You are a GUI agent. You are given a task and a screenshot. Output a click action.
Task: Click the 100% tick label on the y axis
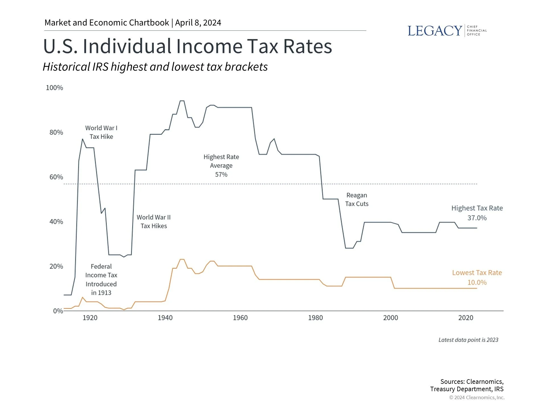[54, 88]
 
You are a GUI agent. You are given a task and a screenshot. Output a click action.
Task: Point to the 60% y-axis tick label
[56, 177]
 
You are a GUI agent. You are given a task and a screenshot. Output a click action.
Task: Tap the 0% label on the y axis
[58, 311]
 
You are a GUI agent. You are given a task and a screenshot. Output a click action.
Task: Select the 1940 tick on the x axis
[165, 318]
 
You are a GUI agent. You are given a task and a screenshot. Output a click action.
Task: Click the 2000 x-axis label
[390, 318]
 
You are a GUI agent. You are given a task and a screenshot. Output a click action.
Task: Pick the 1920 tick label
[90, 318]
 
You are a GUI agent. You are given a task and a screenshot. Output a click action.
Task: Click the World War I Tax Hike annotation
[101, 132]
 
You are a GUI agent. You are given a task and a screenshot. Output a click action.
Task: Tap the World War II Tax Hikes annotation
[154, 222]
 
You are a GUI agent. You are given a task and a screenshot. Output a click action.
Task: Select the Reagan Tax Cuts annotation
[357, 200]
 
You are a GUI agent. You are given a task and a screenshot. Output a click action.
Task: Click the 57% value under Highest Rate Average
[221, 175]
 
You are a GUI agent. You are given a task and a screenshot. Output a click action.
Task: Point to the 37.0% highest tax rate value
[477, 218]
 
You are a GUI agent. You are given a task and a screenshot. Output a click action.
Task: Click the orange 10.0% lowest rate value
[477, 282]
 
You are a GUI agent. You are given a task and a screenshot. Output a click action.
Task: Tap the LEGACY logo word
[435, 31]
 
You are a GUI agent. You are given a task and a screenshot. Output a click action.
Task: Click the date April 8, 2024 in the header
[198, 23]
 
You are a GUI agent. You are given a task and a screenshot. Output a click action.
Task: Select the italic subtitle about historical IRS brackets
[155, 67]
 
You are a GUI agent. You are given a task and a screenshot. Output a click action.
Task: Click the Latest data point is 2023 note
[468, 340]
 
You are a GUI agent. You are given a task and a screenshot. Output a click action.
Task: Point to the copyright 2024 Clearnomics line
[477, 397]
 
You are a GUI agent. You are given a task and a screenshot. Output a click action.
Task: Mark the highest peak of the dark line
[182, 101]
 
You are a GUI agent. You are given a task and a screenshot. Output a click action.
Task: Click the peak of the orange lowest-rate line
[182, 259]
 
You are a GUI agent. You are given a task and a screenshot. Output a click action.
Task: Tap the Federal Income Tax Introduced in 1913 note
[101, 280]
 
